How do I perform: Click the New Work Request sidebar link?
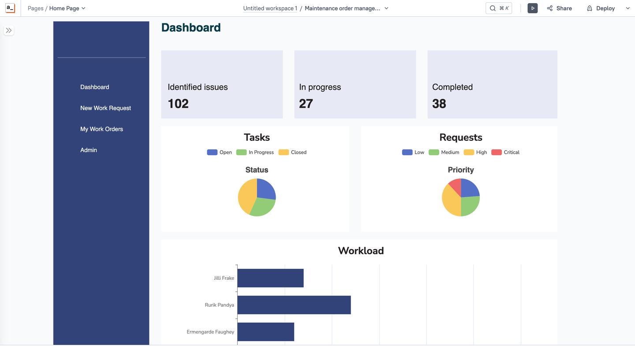pos(105,108)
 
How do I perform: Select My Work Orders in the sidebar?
pos(101,129)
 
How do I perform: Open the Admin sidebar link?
pos(89,150)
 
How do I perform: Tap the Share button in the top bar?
pos(559,8)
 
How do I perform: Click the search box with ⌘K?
pos(498,8)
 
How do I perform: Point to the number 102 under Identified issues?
pos(178,104)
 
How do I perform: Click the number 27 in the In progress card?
pos(306,104)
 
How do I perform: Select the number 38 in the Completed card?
pos(439,104)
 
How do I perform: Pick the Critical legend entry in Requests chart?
pos(506,152)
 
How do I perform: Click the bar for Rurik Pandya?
pos(294,305)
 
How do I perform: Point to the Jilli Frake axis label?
pos(224,278)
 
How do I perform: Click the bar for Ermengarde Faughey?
pos(265,332)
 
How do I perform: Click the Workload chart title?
pos(361,251)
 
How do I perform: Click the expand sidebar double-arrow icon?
pos(9,30)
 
